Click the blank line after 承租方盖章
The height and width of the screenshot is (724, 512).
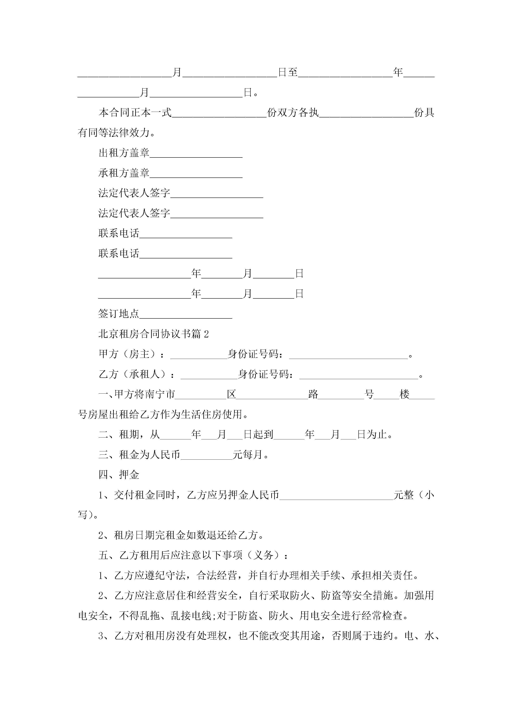click(196, 174)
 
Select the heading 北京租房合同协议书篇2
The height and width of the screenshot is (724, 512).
click(154, 334)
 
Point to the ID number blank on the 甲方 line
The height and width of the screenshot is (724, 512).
click(348, 355)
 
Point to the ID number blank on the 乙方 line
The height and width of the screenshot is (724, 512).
click(359, 375)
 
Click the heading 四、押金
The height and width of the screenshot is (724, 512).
click(119, 475)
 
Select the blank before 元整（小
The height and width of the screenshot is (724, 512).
click(336, 495)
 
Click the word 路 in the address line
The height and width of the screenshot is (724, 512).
click(313, 394)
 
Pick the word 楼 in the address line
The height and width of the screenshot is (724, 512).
click(404, 394)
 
